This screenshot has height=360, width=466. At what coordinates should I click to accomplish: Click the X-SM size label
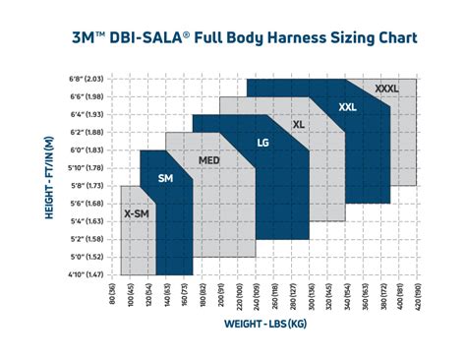tap(136, 212)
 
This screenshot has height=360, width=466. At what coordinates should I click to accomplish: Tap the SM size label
tap(165, 178)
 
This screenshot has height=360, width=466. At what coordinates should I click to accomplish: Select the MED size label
tap(209, 160)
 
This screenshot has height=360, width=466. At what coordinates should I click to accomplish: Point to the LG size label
tap(263, 143)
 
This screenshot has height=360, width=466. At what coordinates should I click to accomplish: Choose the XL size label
tap(300, 125)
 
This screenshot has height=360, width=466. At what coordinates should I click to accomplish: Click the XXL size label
tap(347, 106)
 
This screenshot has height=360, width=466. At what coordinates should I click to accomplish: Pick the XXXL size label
tap(387, 89)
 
